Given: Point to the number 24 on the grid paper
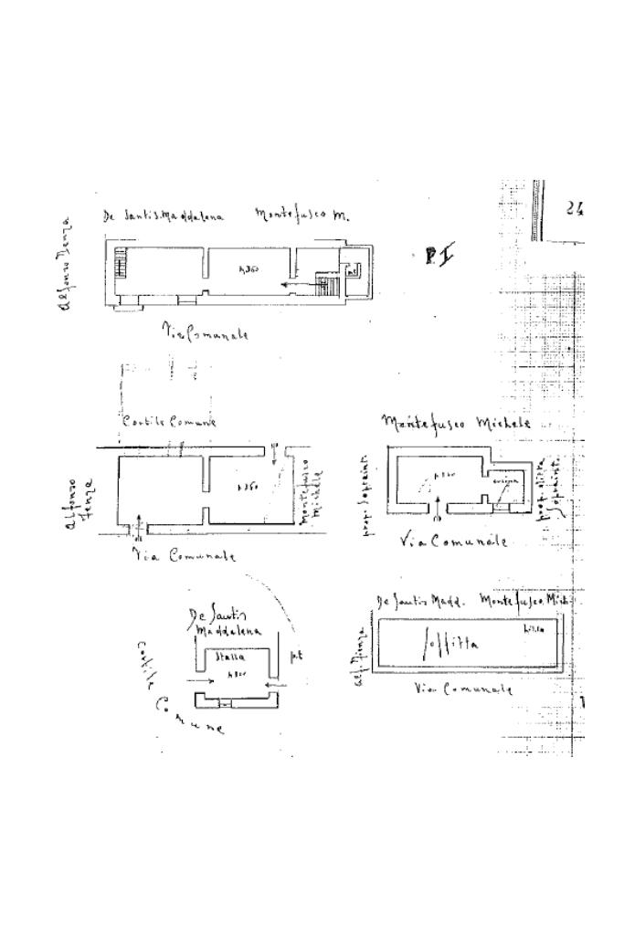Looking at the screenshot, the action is [575, 208].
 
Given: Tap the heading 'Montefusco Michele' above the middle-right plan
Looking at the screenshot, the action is [445, 423].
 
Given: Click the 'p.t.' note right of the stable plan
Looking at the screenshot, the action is [296, 656].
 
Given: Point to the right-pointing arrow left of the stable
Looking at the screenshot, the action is [201, 680].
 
